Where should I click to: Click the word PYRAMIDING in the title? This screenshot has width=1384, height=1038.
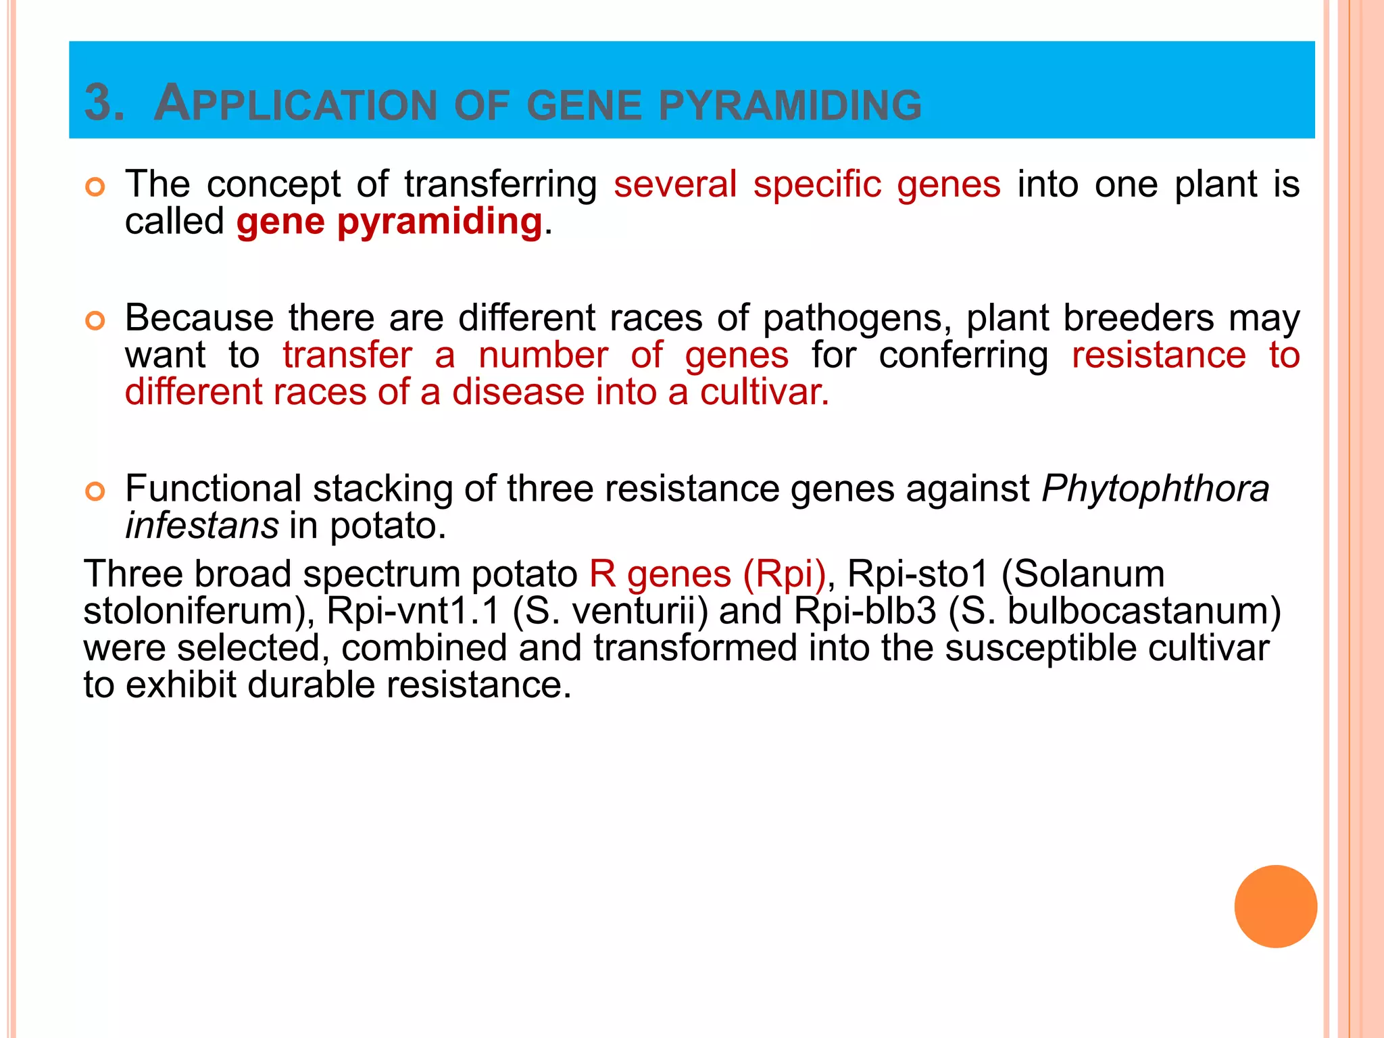pos(790,105)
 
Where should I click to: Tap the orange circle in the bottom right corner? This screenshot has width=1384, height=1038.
pos(1275,906)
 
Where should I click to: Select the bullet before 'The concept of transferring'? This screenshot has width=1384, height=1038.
pos(95,187)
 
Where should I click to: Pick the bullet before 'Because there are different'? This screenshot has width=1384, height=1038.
pos(95,321)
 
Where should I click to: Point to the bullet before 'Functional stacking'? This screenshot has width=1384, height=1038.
pos(95,491)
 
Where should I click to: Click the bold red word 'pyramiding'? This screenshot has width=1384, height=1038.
pos(439,222)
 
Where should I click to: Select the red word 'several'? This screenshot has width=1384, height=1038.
pos(674,184)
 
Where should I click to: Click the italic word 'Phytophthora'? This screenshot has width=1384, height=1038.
pos(1155,489)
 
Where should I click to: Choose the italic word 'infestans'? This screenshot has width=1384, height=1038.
pos(201,525)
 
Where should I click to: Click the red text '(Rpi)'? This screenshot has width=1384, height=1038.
pos(784,574)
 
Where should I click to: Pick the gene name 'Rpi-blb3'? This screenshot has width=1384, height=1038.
pos(865,611)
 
